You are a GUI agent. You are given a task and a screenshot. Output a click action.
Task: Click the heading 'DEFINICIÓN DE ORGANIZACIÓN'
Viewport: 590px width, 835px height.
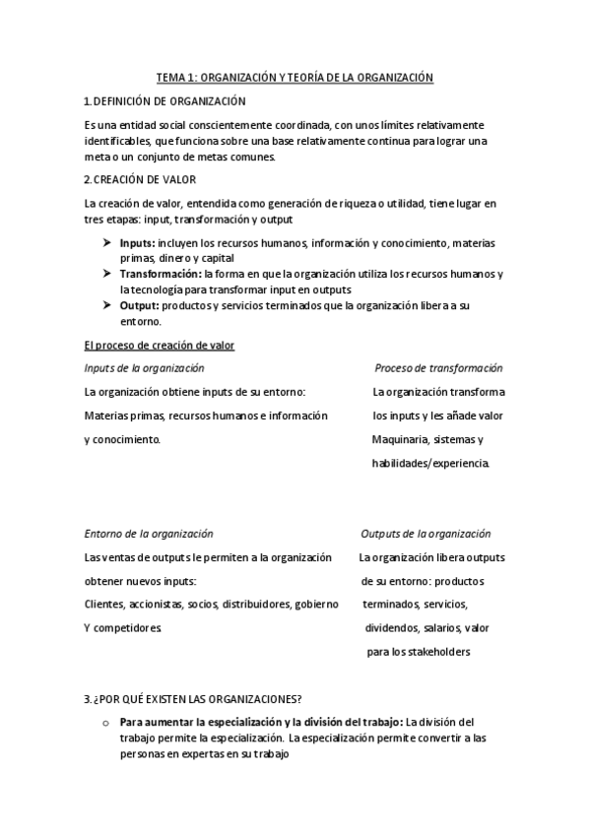pos(169,101)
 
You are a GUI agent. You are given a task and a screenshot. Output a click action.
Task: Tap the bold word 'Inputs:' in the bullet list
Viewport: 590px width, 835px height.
pos(137,242)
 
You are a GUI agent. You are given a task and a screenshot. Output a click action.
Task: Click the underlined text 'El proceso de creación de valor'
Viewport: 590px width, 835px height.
pos(159,345)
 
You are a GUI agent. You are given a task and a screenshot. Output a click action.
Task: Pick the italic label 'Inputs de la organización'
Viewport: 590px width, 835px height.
pos(144,367)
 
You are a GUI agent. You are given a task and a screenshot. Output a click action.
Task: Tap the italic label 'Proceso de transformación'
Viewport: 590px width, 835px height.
pos(438,367)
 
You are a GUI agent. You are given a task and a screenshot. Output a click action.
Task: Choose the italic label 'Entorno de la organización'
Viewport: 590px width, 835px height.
pos(148,534)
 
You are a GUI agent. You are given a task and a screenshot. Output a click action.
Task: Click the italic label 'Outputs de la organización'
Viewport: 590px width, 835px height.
pos(426,534)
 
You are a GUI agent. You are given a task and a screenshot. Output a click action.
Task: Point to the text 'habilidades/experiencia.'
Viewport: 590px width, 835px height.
pos(429,463)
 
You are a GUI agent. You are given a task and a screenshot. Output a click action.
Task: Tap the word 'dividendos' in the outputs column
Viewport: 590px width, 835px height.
pos(392,627)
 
